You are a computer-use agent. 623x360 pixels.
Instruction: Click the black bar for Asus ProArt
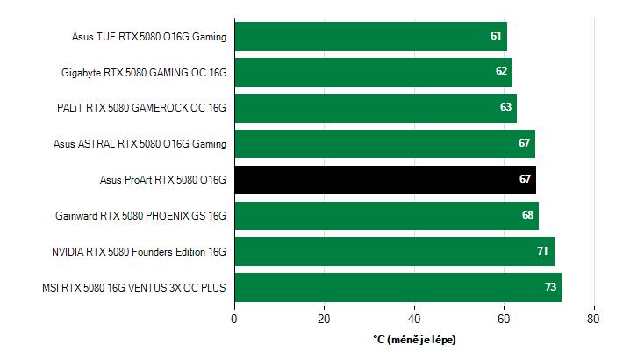coord(385,179)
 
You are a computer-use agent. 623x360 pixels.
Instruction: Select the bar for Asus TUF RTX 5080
coord(370,36)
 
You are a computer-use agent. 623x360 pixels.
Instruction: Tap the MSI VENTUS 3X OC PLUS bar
coord(397,287)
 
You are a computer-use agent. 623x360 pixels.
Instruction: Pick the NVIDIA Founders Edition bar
coord(394,251)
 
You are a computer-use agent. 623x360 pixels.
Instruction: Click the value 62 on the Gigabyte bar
coord(502,71)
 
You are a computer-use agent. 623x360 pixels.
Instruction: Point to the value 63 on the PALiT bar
coord(506,107)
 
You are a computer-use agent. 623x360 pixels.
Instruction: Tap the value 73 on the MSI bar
coord(551,287)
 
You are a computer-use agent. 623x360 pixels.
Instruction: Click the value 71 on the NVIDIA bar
coord(543,251)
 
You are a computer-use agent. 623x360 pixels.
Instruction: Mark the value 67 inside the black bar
coord(526,179)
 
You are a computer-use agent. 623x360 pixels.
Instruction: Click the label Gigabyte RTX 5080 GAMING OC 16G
coord(144,72)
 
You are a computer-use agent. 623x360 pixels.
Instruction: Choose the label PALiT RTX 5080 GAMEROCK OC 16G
coord(141,108)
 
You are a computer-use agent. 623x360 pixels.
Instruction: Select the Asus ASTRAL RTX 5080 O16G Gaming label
coord(140,144)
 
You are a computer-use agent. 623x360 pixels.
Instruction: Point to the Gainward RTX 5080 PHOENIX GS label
coord(140,215)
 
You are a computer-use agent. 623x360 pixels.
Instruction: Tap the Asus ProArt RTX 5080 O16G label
coord(163,180)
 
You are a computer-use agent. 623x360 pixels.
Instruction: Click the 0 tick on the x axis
coord(234,319)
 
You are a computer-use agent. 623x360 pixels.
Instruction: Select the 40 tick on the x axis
coord(414,319)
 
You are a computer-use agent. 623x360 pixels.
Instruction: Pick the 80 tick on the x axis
coord(594,319)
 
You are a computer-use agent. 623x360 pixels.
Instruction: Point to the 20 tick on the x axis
coord(325,319)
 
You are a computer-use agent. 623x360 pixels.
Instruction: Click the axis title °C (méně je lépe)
coord(414,339)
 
